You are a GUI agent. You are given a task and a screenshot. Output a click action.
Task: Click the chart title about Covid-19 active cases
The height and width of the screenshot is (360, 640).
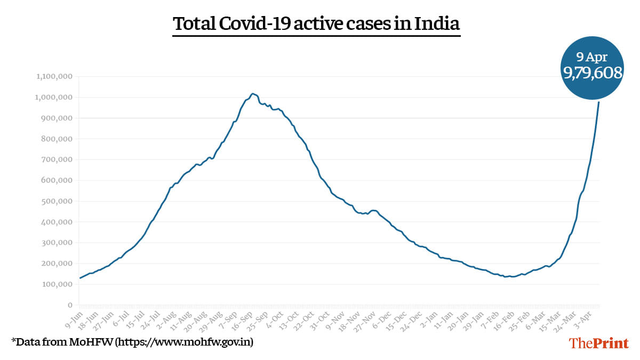point(316,24)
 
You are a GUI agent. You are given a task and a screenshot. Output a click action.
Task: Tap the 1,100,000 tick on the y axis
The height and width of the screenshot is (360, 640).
point(54,77)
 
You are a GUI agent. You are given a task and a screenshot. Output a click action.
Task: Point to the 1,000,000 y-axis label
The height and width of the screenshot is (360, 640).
point(54,98)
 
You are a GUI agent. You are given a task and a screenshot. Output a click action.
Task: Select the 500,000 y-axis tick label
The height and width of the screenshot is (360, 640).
point(58,201)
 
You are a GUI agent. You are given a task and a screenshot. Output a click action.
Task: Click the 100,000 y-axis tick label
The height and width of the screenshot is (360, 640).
point(58,284)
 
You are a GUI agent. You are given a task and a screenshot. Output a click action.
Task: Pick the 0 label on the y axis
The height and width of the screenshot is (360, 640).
point(70,305)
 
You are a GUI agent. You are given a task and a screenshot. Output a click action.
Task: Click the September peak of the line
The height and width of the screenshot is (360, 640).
point(253,94)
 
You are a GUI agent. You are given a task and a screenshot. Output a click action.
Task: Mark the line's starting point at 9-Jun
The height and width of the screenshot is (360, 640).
point(80,278)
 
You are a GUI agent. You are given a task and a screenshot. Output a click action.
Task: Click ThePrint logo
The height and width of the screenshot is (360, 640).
point(599,343)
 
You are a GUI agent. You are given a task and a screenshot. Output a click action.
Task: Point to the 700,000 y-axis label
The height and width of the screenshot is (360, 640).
point(58,160)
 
